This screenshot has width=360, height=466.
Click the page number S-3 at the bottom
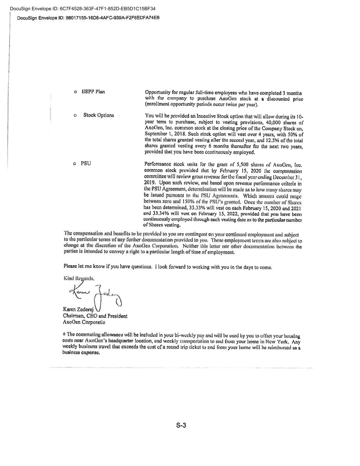click(x=181, y=425)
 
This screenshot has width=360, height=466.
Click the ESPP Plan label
click(x=93, y=91)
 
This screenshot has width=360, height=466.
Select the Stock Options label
click(x=99, y=115)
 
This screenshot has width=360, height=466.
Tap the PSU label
click(x=86, y=163)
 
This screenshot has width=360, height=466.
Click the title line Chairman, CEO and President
click(x=95, y=316)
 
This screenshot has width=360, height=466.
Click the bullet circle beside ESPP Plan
click(x=75, y=92)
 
